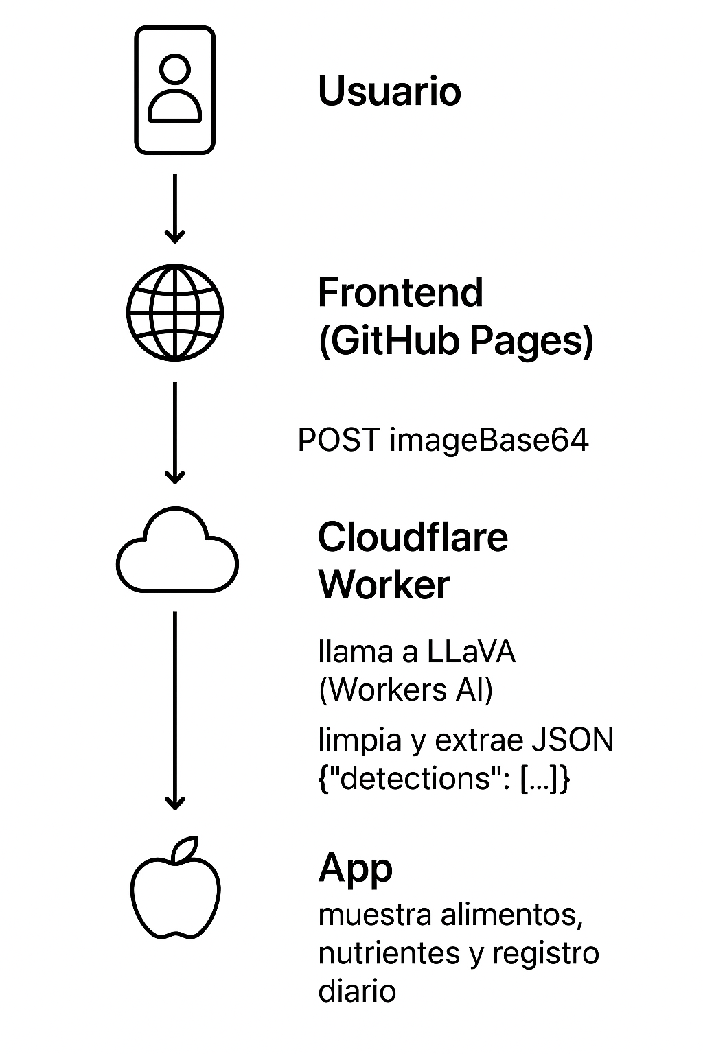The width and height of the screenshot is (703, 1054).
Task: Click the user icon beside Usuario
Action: pos(174,90)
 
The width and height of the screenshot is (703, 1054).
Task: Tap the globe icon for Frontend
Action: pos(175,312)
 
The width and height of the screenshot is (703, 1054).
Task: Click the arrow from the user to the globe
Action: pos(175,208)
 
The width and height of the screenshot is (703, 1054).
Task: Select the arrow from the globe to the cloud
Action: pos(175,432)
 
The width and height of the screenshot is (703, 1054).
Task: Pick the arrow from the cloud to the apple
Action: pos(175,710)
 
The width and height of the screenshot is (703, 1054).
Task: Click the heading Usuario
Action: pos(389,91)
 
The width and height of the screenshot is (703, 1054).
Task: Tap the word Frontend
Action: pos(400,293)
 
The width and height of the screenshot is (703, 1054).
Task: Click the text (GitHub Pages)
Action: pos(456,341)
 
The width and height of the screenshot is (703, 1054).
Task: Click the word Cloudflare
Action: pos(413,537)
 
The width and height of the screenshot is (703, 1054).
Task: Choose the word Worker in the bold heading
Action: pos(384,585)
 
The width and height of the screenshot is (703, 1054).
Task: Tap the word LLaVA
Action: pos(471,652)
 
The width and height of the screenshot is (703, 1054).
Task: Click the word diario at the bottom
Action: pos(357,992)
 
